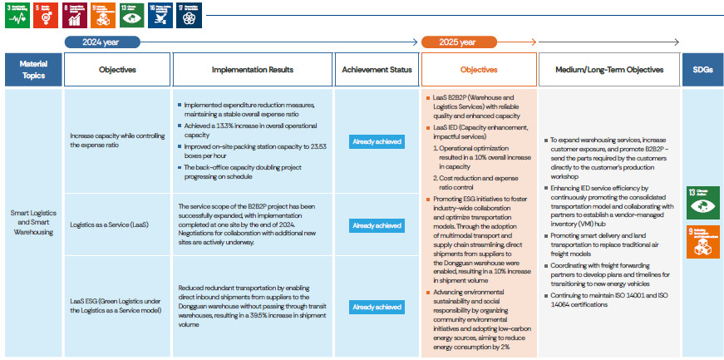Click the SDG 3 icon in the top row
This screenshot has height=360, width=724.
(17, 15)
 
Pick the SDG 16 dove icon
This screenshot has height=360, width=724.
(159, 15)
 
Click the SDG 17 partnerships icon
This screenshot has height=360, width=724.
(188, 15)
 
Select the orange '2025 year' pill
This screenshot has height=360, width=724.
(452, 42)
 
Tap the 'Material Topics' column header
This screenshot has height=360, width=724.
(32, 71)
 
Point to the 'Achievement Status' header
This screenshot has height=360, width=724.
(377, 71)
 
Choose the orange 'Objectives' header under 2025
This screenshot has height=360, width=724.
(479, 71)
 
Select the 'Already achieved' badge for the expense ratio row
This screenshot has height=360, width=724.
(377, 141)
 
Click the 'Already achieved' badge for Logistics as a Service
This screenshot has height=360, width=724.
(377, 225)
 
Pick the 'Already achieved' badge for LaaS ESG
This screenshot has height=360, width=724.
(377, 307)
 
